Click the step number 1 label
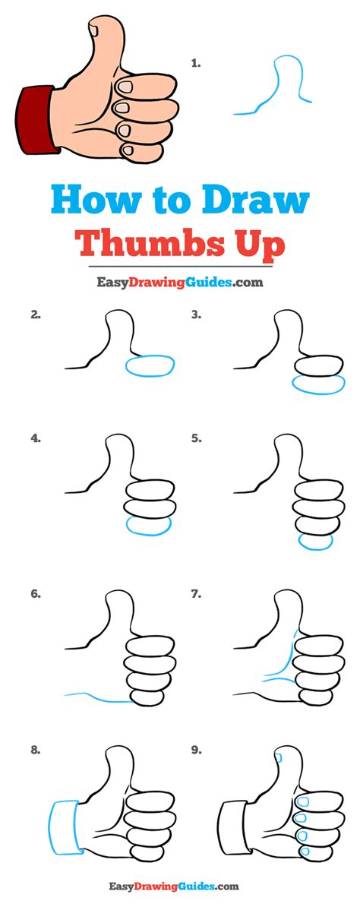[196, 65]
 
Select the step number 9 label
[197, 751]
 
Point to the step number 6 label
[36, 594]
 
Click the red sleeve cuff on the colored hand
[38, 120]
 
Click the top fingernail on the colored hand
[125, 87]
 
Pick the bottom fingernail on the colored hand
[128, 152]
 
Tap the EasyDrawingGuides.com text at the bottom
[173, 886]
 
